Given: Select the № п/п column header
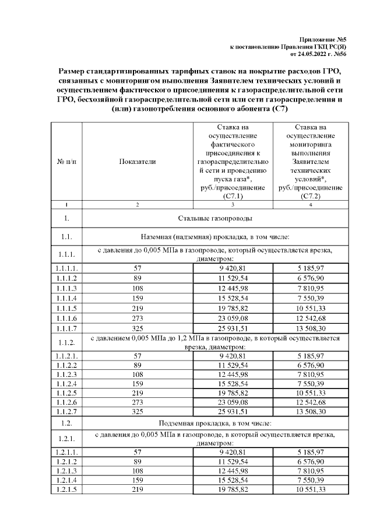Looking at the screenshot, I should (x=67, y=160).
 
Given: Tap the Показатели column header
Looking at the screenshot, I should (x=137, y=160).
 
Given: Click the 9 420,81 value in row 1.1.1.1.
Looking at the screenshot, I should (x=233, y=268).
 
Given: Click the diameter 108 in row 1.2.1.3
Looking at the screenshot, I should (x=137, y=470).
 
